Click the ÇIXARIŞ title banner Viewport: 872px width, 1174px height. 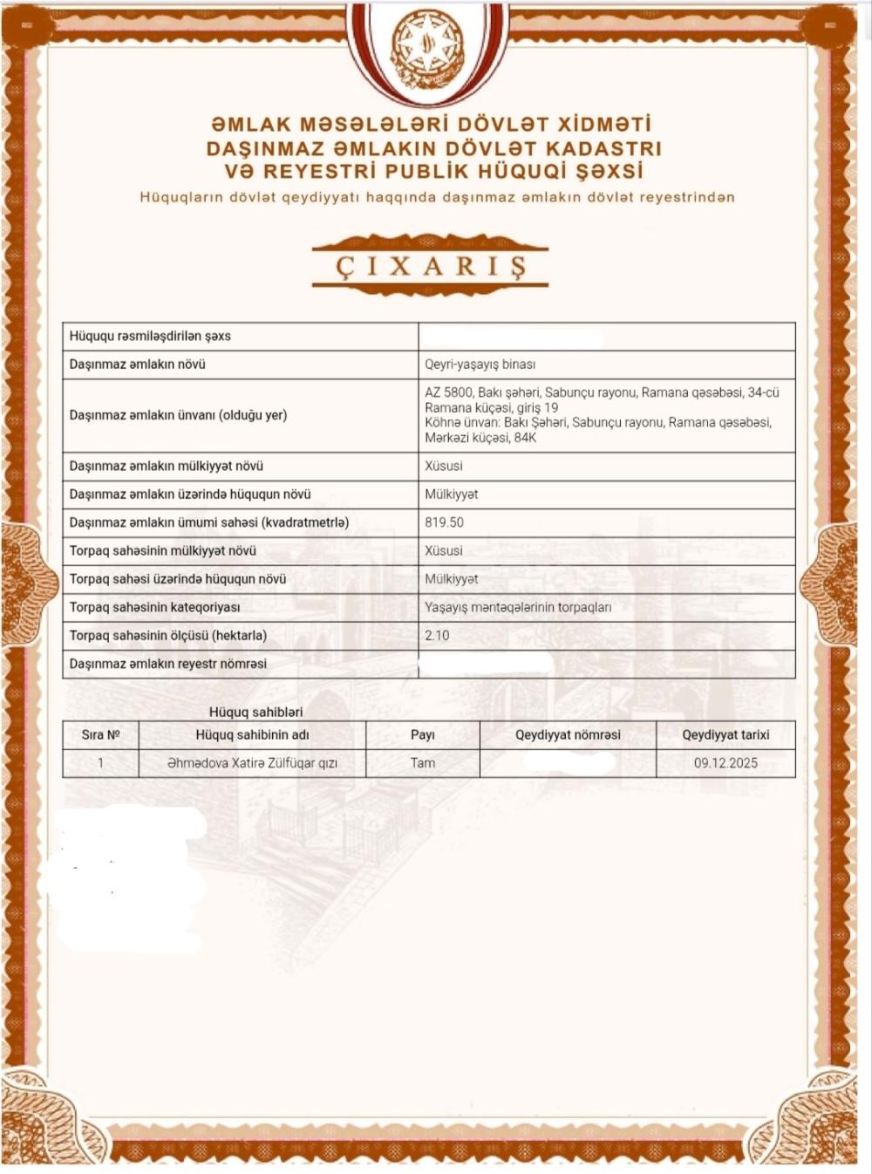431,265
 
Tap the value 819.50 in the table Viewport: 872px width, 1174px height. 444,522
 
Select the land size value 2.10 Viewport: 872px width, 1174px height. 437,635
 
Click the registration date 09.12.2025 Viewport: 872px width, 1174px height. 726,763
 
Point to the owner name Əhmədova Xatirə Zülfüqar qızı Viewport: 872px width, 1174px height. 252,763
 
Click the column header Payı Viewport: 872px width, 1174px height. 422,735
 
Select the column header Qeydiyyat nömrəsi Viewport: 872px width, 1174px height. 568,735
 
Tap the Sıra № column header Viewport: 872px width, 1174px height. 100,735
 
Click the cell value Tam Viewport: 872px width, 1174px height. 422,763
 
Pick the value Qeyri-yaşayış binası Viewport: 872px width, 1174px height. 480,365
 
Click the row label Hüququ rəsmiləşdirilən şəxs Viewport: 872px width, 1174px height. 150,336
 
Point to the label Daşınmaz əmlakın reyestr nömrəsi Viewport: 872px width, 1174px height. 168,664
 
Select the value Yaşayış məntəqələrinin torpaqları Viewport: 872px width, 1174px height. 518,607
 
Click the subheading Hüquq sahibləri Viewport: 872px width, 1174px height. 255,712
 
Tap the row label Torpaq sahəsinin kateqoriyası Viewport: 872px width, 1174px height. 154,607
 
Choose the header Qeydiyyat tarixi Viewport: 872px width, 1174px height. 726,735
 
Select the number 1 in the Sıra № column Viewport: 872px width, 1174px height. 100,763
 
